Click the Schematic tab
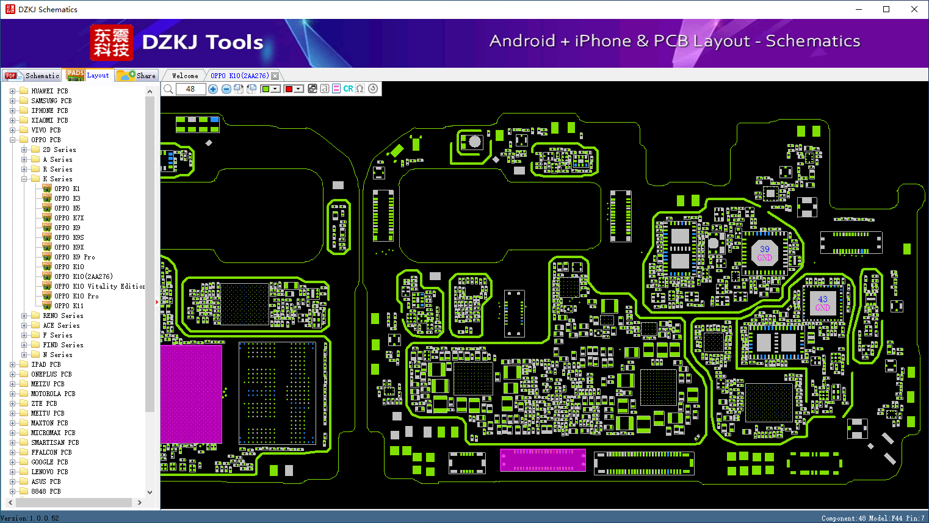click(x=32, y=76)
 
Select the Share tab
click(x=137, y=76)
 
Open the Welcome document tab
click(x=185, y=76)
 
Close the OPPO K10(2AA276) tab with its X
click(x=275, y=76)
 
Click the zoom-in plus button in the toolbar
click(x=213, y=89)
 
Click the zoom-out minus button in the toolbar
click(x=226, y=89)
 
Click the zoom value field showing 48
click(x=191, y=89)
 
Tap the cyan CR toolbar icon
click(x=348, y=88)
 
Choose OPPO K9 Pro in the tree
click(x=74, y=257)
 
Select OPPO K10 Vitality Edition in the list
click(x=99, y=286)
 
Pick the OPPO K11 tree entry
click(x=69, y=306)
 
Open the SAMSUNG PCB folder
click(x=51, y=101)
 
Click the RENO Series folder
click(x=63, y=316)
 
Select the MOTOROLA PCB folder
click(x=53, y=394)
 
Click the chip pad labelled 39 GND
click(x=765, y=253)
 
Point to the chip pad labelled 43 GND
click(x=823, y=303)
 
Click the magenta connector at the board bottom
click(x=543, y=460)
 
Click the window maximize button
click(x=886, y=9)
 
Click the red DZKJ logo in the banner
click(x=112, y=43)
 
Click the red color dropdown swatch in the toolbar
click(x=294, y=89)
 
